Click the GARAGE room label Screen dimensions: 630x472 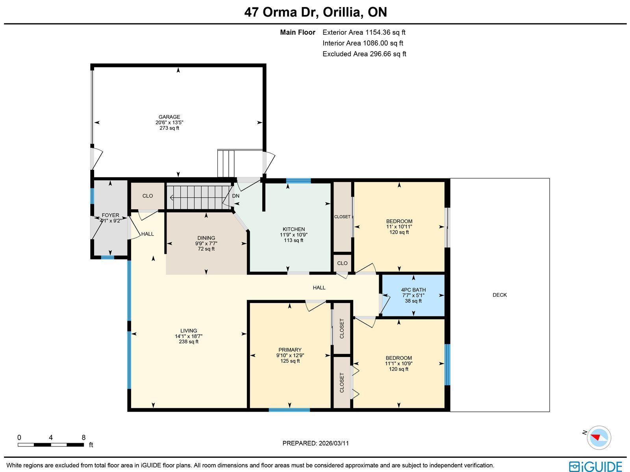tap(169, 117)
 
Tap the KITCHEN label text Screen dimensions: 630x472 tap(294, 229)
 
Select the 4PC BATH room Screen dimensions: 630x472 tap(413, 295)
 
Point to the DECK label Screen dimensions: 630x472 tap(500, 295)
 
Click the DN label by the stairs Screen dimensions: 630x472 tap(235, 196)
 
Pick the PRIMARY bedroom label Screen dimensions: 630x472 tap(290, 350)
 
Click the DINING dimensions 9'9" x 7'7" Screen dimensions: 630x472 tap(206, 243)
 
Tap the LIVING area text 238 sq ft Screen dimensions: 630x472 tap(189, 341)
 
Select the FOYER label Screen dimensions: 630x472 tap(111, 215)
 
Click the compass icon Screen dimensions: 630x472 tap(599, 438)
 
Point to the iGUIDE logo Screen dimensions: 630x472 tap(596, 466)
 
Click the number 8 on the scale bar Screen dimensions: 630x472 tap(83, 437)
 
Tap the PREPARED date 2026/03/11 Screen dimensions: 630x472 tap(334, 443)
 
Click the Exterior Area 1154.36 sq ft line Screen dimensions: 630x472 tap(364, 32)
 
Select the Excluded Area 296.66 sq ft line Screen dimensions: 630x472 tap(364, 54)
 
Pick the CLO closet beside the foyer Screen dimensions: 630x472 tap(148, 196)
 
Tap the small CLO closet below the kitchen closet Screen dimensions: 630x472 tap(342, 263)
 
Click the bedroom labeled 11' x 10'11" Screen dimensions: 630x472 tap(399, 227)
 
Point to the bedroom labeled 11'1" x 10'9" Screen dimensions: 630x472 tap(398, 363)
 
